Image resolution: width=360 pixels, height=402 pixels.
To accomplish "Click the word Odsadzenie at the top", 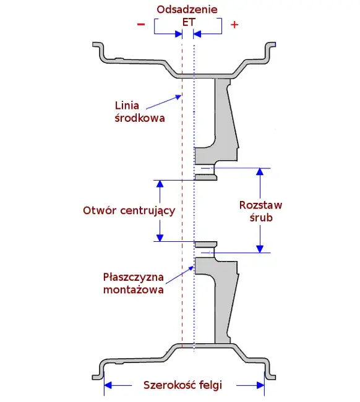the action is click(x=187, y=9).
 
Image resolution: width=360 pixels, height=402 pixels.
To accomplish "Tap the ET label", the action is click(x=189, y=22).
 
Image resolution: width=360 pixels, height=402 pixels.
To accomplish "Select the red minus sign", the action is click(x=141, y=24).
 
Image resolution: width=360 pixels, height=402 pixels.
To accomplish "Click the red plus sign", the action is click(x=234, y=25).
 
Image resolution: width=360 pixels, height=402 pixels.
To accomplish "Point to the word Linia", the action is click(x=127, y=106).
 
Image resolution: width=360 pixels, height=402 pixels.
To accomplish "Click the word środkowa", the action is click(x=140, y=118).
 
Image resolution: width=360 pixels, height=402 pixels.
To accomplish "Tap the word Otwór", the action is click(x=100, y=210).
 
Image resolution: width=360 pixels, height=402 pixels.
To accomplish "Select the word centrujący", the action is click(x=148, y=211).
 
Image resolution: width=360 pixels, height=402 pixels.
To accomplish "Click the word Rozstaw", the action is click(x=260, y=205).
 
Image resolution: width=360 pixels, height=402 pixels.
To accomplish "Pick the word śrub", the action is click(x=261, y=218).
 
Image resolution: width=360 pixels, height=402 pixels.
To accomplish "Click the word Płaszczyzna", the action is click(x=134, y=277).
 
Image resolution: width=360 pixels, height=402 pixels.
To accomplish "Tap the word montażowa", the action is click(x=134, y=289).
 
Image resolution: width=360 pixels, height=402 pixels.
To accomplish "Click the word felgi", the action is click(x=209, y=385).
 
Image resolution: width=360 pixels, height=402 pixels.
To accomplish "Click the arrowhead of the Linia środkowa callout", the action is click(x=179, y=97).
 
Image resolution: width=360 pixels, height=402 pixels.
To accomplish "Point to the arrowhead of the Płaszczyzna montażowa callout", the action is click(x=191, y=268).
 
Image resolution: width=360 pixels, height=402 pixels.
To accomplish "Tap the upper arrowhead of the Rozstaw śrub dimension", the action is click(x=260, y=171).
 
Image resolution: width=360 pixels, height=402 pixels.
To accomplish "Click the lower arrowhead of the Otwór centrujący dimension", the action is click(x=160, y=237).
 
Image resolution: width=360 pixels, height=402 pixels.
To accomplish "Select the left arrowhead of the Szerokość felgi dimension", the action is click(x=108, y=385).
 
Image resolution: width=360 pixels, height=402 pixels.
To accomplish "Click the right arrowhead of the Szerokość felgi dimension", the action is click(x=260, y=385).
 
